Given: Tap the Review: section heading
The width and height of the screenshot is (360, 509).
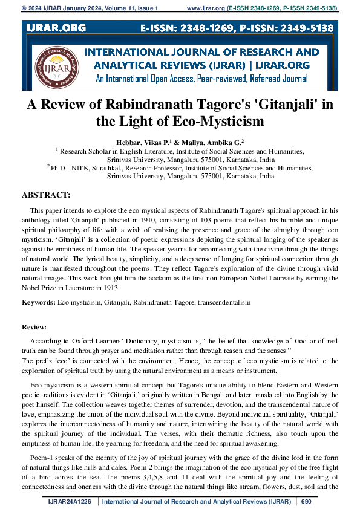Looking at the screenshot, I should (34, 326).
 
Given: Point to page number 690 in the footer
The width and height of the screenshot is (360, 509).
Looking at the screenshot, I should (306, 502).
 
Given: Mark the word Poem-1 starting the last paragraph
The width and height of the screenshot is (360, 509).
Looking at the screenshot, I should (41, 447).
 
